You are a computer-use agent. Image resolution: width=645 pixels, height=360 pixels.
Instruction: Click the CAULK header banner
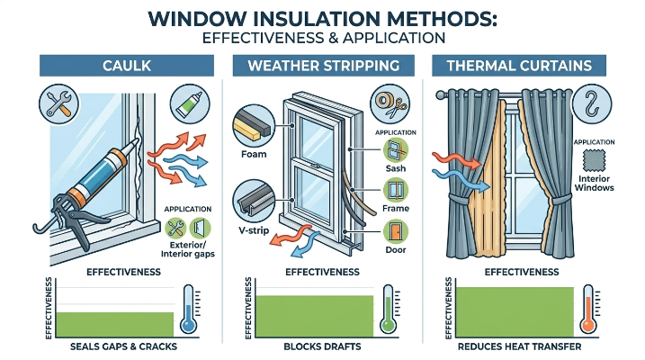point(127,66)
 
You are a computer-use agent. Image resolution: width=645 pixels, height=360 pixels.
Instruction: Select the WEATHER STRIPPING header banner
point(323,66)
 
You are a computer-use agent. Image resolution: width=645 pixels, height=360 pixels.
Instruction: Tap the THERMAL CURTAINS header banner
point(519,66)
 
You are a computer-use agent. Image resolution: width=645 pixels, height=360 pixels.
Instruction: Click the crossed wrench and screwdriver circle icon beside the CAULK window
point(58,103)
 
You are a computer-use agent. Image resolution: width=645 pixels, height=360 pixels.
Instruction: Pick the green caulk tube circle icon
point(190,103)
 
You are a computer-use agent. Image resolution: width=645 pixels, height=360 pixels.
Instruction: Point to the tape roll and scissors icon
point(390,103)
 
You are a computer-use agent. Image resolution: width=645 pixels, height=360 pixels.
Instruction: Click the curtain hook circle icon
point(592,103)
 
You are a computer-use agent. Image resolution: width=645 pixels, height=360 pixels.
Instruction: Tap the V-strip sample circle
point(254,201)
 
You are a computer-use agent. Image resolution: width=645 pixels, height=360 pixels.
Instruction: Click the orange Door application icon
point(396,231)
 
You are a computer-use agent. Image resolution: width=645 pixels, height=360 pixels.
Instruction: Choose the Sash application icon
point(396,149)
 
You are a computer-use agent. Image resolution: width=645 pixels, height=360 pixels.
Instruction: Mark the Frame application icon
point(396,191)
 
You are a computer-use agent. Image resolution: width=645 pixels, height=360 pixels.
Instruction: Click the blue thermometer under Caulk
point(188,309)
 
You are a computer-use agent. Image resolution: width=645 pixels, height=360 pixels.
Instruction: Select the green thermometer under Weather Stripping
point(388,309)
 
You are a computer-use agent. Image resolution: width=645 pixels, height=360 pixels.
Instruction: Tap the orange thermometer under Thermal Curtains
point(588,309)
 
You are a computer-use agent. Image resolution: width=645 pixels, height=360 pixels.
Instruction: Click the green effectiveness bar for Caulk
point(115,325)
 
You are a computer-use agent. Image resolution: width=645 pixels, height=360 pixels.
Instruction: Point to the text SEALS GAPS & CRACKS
point(123,346)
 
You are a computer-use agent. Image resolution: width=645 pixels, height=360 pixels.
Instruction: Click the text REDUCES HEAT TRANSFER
point(520,346)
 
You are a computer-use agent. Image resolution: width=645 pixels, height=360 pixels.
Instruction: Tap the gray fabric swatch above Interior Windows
point(594,160)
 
